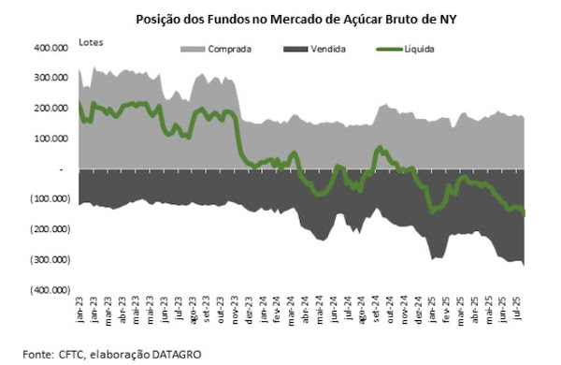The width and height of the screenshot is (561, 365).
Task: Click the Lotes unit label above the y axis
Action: coord(92,42)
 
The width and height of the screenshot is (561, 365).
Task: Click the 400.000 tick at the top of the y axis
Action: coord(55,48)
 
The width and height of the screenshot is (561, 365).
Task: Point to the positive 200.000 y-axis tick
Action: coord(55,109)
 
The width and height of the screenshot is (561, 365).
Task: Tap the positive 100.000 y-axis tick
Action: coord(55,139)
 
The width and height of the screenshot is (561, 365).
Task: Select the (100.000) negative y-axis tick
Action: coord(53,199)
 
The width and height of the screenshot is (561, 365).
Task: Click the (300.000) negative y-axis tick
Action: coord(53,260)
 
